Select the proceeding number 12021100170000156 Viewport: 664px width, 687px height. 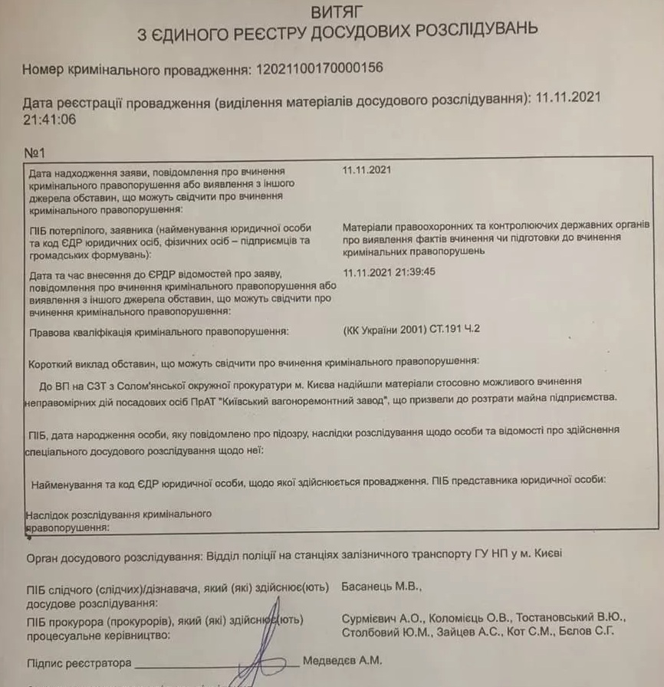[x=318, y=69]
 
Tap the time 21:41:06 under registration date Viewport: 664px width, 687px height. [x=50, y=120]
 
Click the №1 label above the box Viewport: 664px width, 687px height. [x=36, y=153]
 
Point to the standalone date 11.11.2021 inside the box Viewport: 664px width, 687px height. [x=367, y=170]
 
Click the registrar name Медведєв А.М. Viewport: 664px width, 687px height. [x=342, y=660]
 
